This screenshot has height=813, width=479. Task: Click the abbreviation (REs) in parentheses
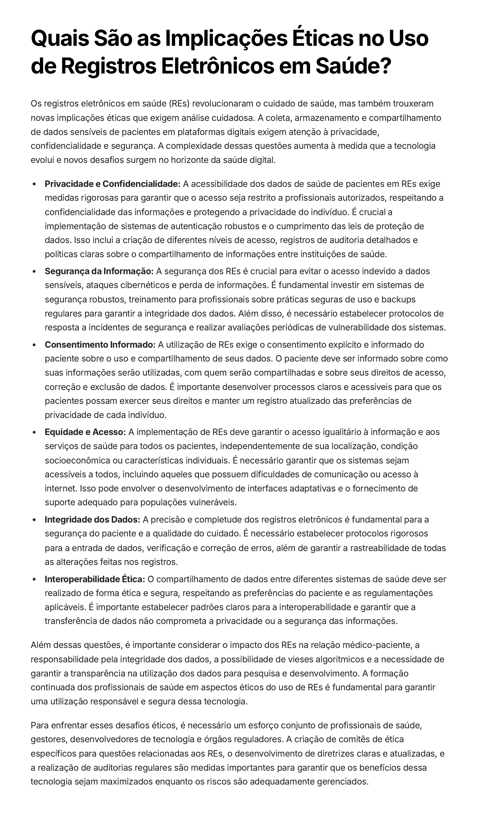(179, 104)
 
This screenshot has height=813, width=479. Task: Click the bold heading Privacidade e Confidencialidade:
(112, 184)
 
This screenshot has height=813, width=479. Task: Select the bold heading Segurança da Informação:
(99, 271)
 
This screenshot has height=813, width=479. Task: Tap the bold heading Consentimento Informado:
(100, 345)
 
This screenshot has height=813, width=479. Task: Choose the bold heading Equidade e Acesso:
(85, 432)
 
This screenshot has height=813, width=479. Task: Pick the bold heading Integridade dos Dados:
(92, 520)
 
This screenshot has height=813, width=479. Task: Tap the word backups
(398, 299)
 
